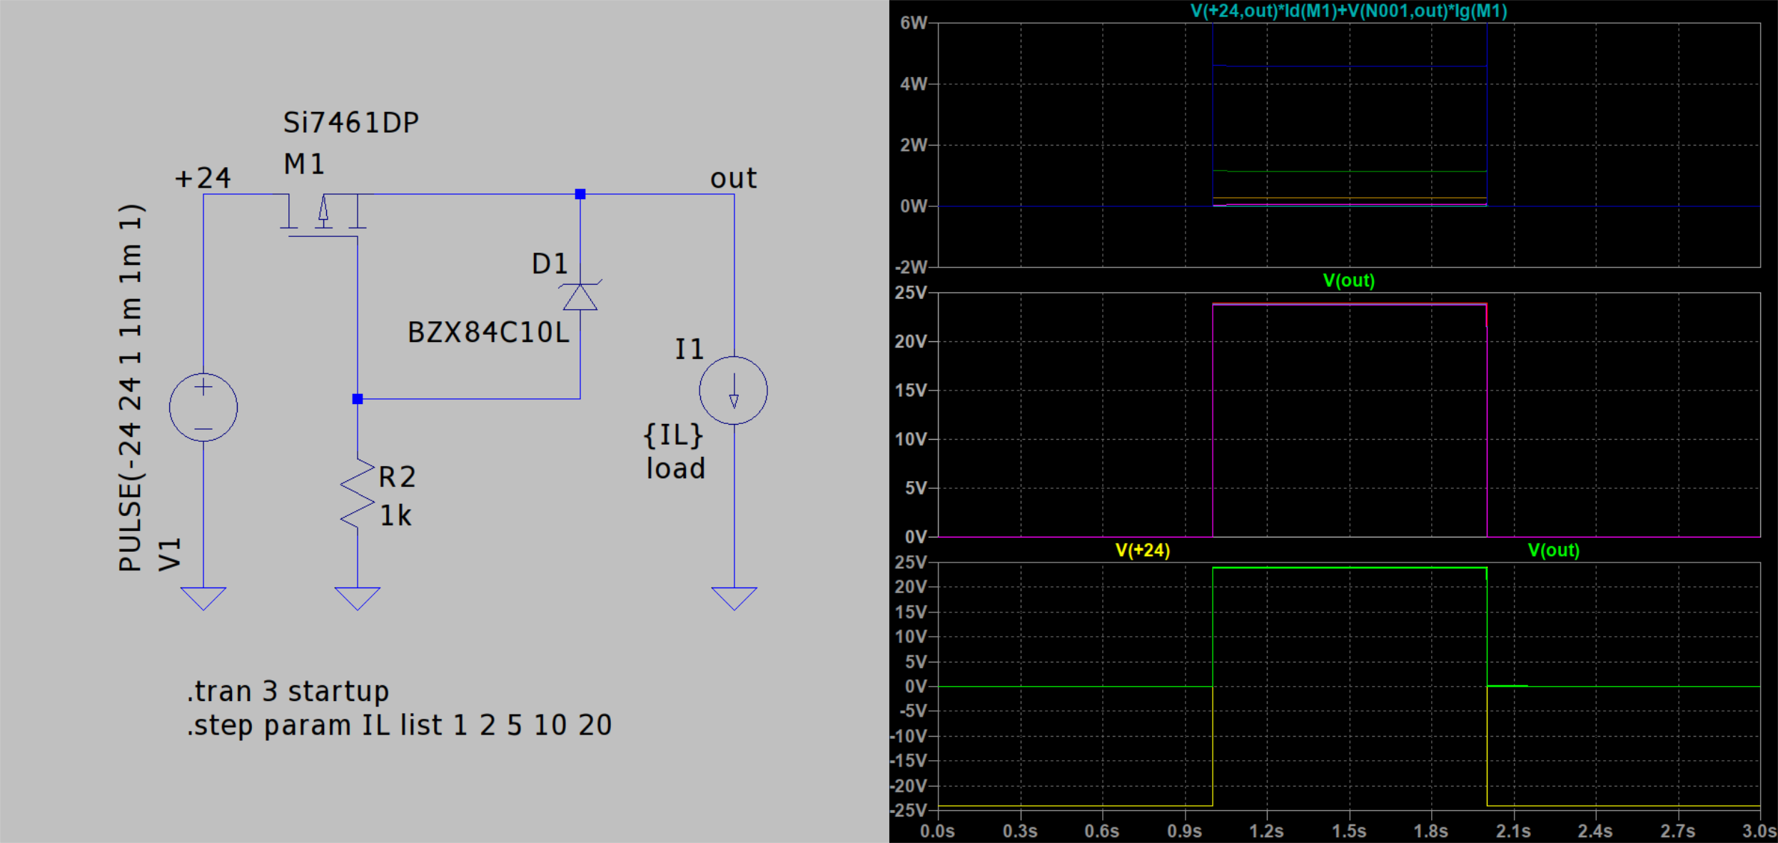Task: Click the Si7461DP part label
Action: coord(350,123)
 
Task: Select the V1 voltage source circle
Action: coord(203,407)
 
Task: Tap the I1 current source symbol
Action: coord(734,390)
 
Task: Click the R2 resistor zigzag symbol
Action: coord(358,493)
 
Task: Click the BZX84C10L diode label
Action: coord(488,333)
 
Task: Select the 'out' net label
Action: coord(733,178)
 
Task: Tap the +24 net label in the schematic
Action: coord(203,178)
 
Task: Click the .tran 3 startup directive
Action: coord(288,692)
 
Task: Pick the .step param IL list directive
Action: coord(399,725)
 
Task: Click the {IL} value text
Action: coord(673,435)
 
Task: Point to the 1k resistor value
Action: coord(395,515)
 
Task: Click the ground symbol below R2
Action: coord(358,598)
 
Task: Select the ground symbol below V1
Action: coord(203,598)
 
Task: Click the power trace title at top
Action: coord(1349,11)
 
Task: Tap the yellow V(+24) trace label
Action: coord(1143,550)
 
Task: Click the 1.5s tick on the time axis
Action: coord(1349,831)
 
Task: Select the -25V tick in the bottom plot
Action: coord(909,810)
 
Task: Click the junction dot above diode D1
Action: coord(580,194)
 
